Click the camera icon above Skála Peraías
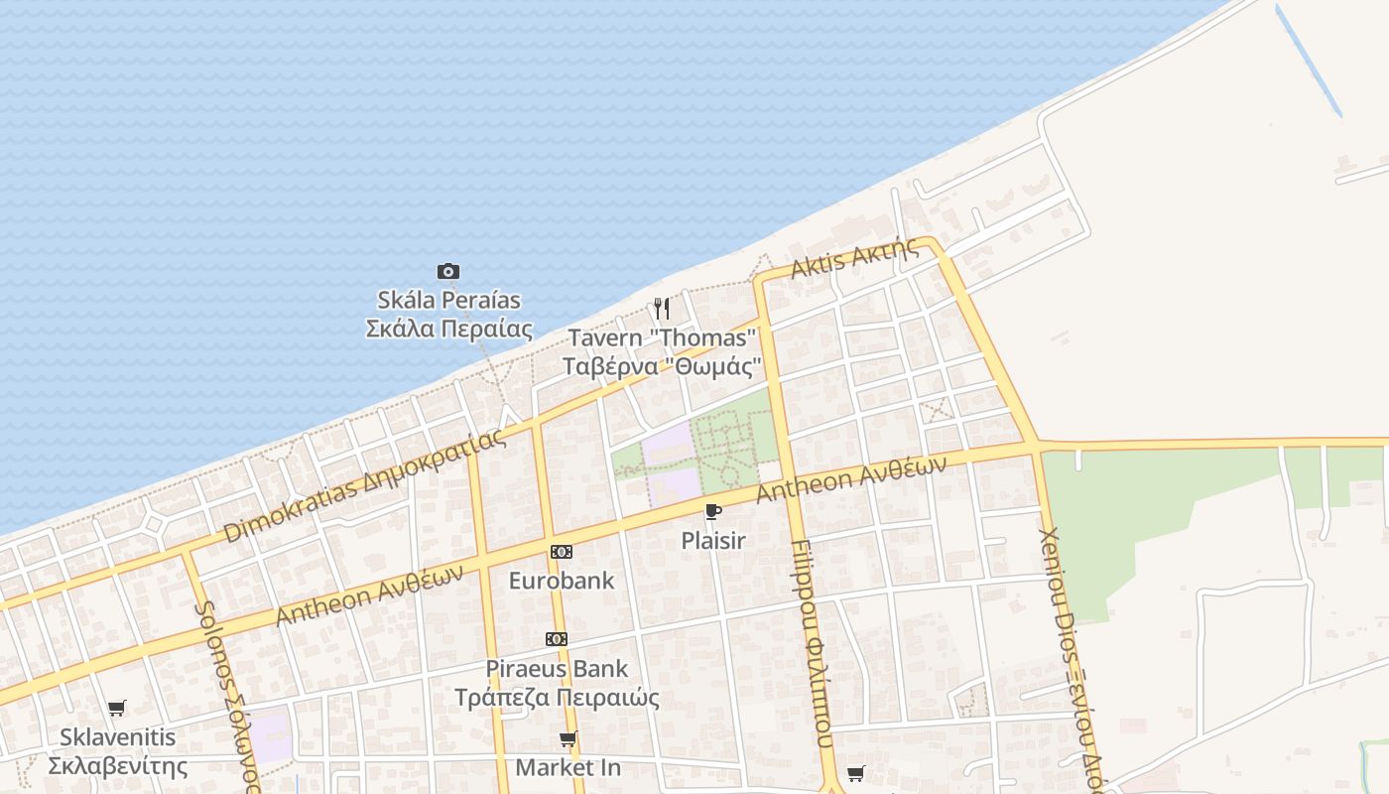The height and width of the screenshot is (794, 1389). tap(448, 271)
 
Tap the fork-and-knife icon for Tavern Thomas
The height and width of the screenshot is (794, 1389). tap(662, 309)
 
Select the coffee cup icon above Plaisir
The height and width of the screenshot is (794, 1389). tap(712, 512)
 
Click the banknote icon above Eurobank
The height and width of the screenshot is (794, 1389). tap(562, 552)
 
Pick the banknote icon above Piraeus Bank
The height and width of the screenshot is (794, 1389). tap(557, 639)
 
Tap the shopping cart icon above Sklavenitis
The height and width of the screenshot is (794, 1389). tap(117, 709)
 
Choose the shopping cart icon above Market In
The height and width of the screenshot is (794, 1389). tap(568, 739)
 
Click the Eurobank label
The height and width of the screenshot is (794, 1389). tap(562, 581)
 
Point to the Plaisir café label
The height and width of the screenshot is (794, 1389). tap(712, 541)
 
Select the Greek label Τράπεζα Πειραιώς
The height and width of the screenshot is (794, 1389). tap(557, 697)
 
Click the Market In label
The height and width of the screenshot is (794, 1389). tap(568, 767)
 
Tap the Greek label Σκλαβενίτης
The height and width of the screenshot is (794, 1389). tap(118, 766)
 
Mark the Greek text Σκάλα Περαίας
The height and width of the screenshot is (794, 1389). tap(448, 329)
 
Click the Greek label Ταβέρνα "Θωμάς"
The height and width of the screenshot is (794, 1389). tap(662, 366)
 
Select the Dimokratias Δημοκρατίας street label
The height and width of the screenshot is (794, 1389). tap(364, 487)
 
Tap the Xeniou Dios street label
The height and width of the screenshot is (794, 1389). tap(1070, 655)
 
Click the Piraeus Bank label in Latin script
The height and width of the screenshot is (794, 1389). tap(557, 668)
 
